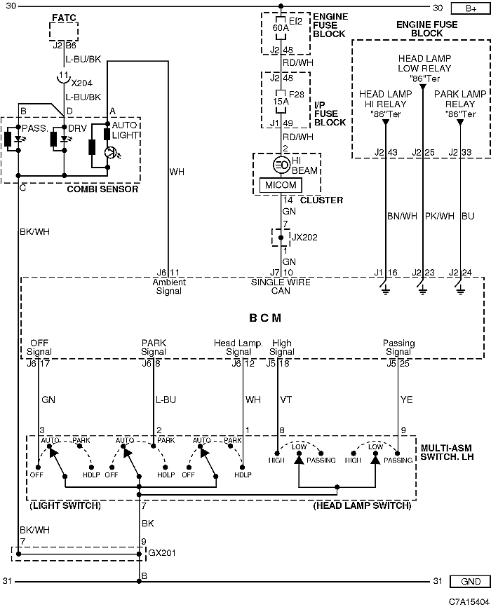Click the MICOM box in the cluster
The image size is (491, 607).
[281, 185]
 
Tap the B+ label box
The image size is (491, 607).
[471, 8]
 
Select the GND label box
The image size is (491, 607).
[471, 581]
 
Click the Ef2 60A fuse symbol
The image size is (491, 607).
[281, 28]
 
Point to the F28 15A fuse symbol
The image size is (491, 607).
[281, 102]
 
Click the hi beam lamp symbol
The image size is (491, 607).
[281, 165]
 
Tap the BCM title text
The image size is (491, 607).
[265, 318]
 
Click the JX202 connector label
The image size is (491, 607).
[304, 238]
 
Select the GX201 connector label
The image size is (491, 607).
[162, 553]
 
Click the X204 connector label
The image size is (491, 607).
[82, 83]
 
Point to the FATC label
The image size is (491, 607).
[64, 18]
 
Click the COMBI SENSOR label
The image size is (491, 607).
[102, 189]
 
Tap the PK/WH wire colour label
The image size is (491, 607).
[440, 216]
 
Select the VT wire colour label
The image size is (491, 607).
[286, 400]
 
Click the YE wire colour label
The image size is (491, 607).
[407, 400]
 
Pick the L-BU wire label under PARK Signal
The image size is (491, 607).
[166, 400]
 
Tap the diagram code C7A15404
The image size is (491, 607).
[469, 601]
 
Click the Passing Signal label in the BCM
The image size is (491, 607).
[399, 347]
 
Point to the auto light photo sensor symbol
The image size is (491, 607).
[110, 153]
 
